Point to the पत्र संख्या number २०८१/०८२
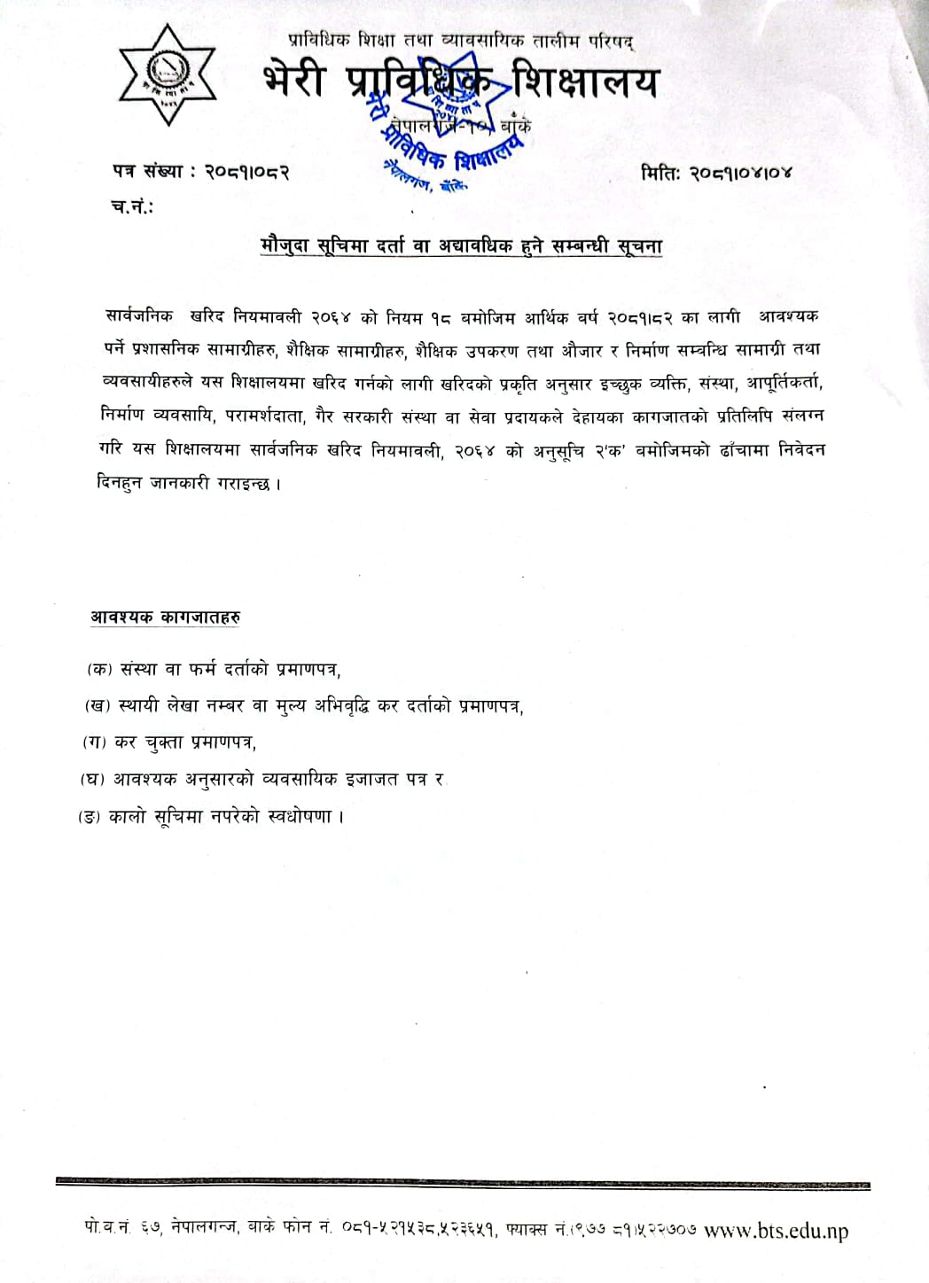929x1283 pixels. tap(247, 171)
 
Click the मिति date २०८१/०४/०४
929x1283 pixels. tap(742, 172)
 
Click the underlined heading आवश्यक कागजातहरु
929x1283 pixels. tap(165, 616)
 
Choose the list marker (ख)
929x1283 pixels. tap(96, 706)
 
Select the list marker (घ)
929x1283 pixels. tap(92, 779)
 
